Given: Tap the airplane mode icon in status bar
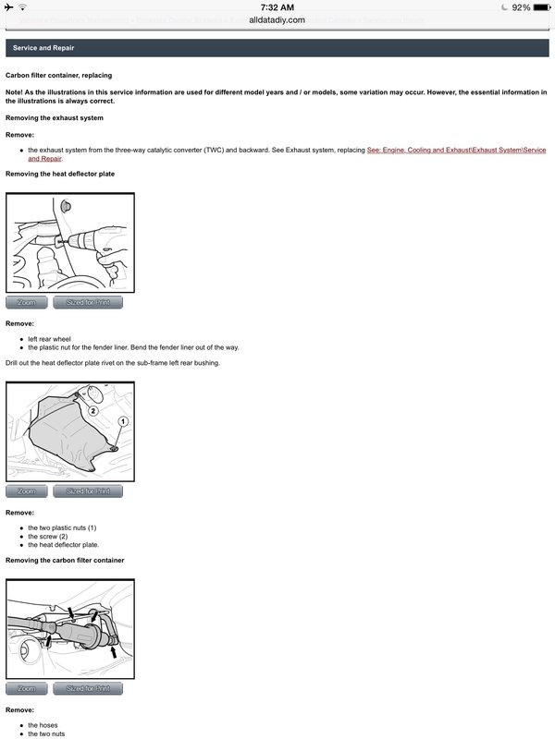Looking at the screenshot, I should tap(10, 7).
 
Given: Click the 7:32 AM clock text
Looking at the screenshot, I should tap(277, 7).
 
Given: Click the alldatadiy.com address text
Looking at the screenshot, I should tap(277, 19).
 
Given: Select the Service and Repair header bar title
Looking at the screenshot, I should tap(43, 48).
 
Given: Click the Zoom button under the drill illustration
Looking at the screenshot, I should tap(26, 303).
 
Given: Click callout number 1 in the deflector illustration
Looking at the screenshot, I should tap(122, 420).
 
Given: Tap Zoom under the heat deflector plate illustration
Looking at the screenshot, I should tap(26, 491).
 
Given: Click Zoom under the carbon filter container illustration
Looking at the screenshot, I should tap(26, 688).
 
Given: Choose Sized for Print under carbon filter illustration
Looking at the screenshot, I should tap(88, 688).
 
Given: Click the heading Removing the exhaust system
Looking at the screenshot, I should tap(55, 118).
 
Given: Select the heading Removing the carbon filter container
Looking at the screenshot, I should tap(65, 561).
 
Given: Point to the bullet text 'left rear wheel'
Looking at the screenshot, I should tap(50, 339).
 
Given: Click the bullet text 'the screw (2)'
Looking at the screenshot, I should tap(48, 537).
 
